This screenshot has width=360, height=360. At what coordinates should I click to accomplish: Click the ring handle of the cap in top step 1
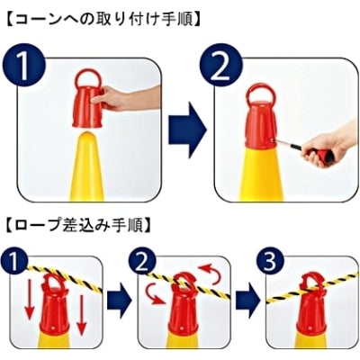(87, 76)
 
